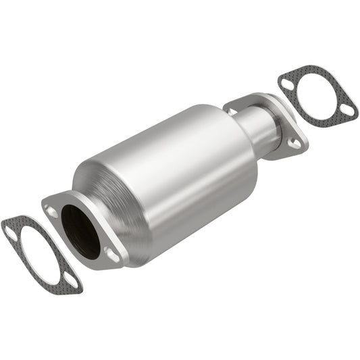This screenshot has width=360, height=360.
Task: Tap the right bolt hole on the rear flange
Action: click(294, 143)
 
